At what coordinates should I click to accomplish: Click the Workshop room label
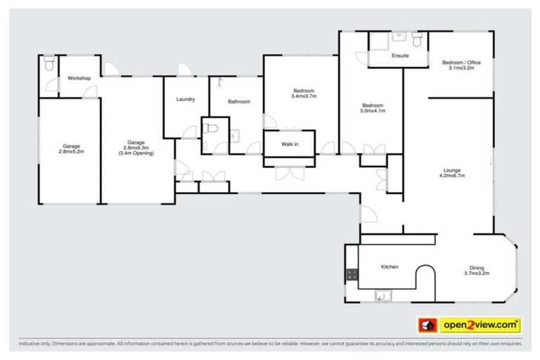[79, 77]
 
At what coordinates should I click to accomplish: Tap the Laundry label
[186, 99]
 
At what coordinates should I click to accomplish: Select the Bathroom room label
[239, 102]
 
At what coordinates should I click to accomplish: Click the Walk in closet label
[290, 144]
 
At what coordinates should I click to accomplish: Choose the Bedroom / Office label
[461, 63]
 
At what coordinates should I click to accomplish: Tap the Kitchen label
[390, 267]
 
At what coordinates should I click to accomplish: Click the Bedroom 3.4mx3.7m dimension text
[304, 96]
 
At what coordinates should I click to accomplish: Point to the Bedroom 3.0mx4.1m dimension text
[373, 110]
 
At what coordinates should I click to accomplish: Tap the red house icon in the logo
[427, 325]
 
